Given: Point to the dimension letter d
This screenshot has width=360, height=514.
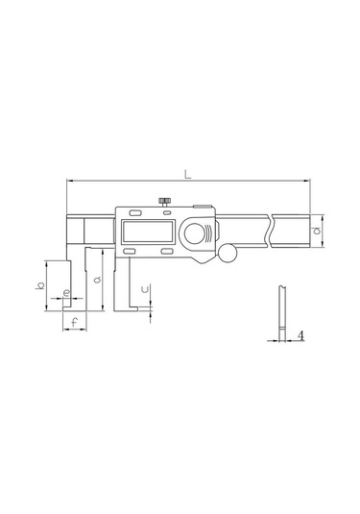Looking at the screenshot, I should pos(318,232).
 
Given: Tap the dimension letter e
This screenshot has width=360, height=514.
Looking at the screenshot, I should pos(65,292).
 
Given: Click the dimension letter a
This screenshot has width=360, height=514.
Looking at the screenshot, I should pos(98,281).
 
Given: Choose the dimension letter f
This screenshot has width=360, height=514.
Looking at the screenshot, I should pos(75,322).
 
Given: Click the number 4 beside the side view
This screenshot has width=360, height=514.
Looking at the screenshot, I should pos(301,335).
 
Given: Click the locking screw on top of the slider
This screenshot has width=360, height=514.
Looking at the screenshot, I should pos(165,201).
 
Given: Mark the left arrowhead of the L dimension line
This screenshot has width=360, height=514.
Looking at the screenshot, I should pos(70,180).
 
